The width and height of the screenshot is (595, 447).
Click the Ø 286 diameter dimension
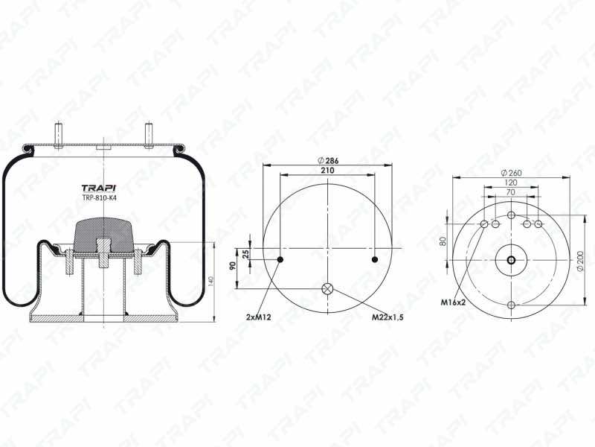[x=328, y=160]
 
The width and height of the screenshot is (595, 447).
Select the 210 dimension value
[x=327, y=171]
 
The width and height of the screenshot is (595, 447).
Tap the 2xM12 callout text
[x=258, y=317]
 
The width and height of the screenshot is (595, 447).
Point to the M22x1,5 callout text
[x=387, y=317]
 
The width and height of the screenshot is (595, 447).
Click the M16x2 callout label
[x=453, y=302]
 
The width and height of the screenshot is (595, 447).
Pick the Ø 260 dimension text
[x=511, y=173]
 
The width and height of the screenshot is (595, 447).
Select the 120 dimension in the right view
[x=511, y=183]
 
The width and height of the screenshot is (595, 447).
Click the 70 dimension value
[x=511, y=192]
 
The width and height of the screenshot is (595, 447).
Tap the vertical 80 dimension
[x=442, y=241]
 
